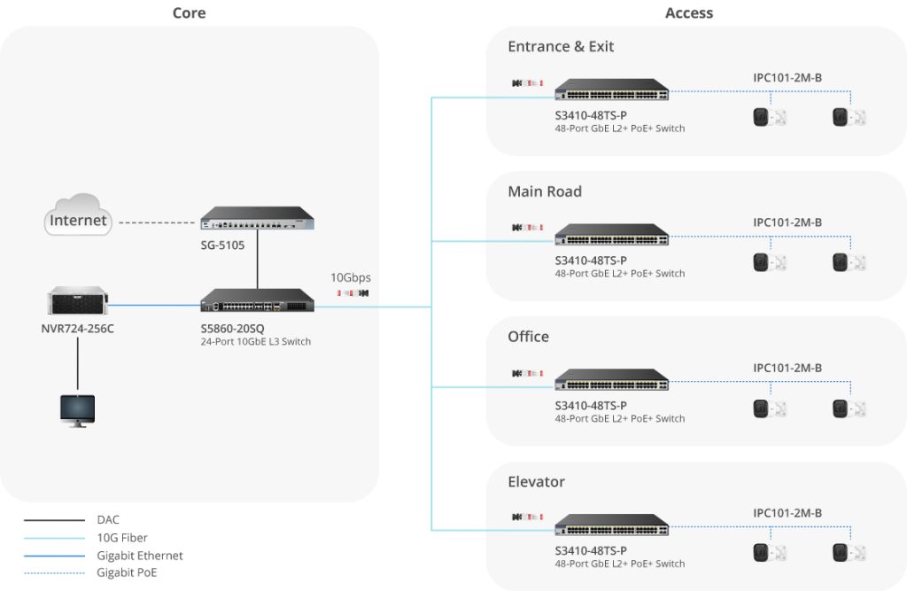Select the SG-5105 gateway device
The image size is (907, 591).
(257, 219)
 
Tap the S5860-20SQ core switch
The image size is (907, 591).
(257, 301)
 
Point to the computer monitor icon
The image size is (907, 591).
(77, 410)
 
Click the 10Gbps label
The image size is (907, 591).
(351, 276)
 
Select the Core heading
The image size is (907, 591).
(189, 12)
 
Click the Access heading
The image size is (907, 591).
(688, 12)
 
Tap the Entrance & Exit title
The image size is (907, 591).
(561, 46)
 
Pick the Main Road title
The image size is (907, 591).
(545, 191)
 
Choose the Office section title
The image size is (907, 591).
(528, 337)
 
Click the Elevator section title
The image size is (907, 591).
(536, 482)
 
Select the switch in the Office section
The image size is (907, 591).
(611, 380)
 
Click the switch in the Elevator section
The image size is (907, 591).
(611, 525)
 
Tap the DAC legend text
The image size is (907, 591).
(108, 520)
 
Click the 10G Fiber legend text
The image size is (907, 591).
(122, 538)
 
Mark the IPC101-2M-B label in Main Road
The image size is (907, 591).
(787, 222)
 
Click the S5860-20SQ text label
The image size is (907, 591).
(232, 329)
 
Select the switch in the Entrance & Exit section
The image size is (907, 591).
(611, 89)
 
